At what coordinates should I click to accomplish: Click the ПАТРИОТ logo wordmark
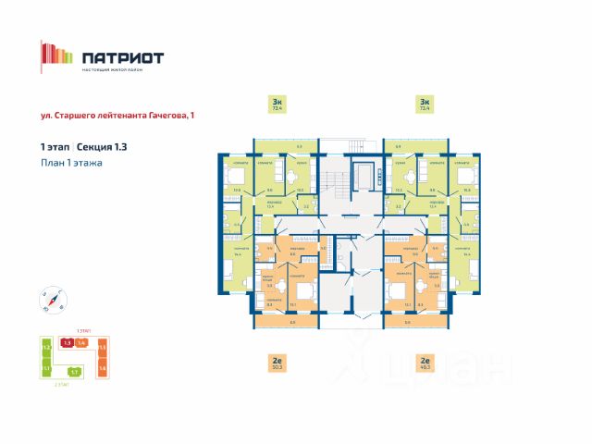click(122, 57)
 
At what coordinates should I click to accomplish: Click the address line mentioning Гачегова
click(117, 116)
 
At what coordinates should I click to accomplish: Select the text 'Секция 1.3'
click(102, 147)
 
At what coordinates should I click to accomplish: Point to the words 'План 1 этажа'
click(71, 163)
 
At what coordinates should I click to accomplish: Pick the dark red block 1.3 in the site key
click(68, 343)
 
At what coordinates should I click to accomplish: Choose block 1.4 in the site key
click(81, 343)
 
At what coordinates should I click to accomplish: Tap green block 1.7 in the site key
click(74, 372)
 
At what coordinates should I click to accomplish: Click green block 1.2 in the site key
click(45, 349)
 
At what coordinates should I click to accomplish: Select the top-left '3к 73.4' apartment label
click(277, 104)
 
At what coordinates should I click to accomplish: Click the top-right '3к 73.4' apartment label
click(425, 104)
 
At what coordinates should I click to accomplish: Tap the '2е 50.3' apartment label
click(277, 363)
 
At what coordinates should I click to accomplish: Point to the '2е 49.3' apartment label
click(425, 363)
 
